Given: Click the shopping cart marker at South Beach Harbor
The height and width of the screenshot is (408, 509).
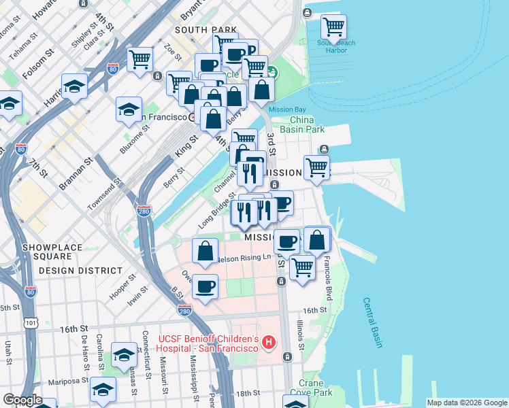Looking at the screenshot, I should click(333, 27).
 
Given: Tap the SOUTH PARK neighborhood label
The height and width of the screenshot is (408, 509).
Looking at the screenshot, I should click(206, 30).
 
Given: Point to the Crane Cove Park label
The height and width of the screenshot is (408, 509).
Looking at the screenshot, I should click(310, 388).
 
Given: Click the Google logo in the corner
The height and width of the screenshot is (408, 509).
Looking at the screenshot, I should click(23, 400).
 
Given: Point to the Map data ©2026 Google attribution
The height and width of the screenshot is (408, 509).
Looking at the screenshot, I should click(466, 403).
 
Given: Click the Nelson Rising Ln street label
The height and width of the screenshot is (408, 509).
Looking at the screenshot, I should click(248, 257).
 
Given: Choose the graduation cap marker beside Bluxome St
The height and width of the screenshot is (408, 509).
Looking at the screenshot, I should click(129, 110).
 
